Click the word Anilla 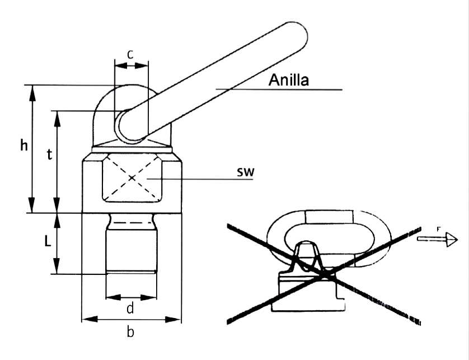[x=288, y=80]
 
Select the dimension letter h [x=24, y=146]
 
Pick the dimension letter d [x=130, y=307]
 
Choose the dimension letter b [x=130, y=332]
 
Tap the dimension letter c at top [x=130, y=55]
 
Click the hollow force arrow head [x=451, y=240]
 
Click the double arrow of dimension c [x=131, y=66]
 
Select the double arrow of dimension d [x=130, y=296]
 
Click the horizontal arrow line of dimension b [x=132, y=320]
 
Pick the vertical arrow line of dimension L [x=57, y=244]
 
